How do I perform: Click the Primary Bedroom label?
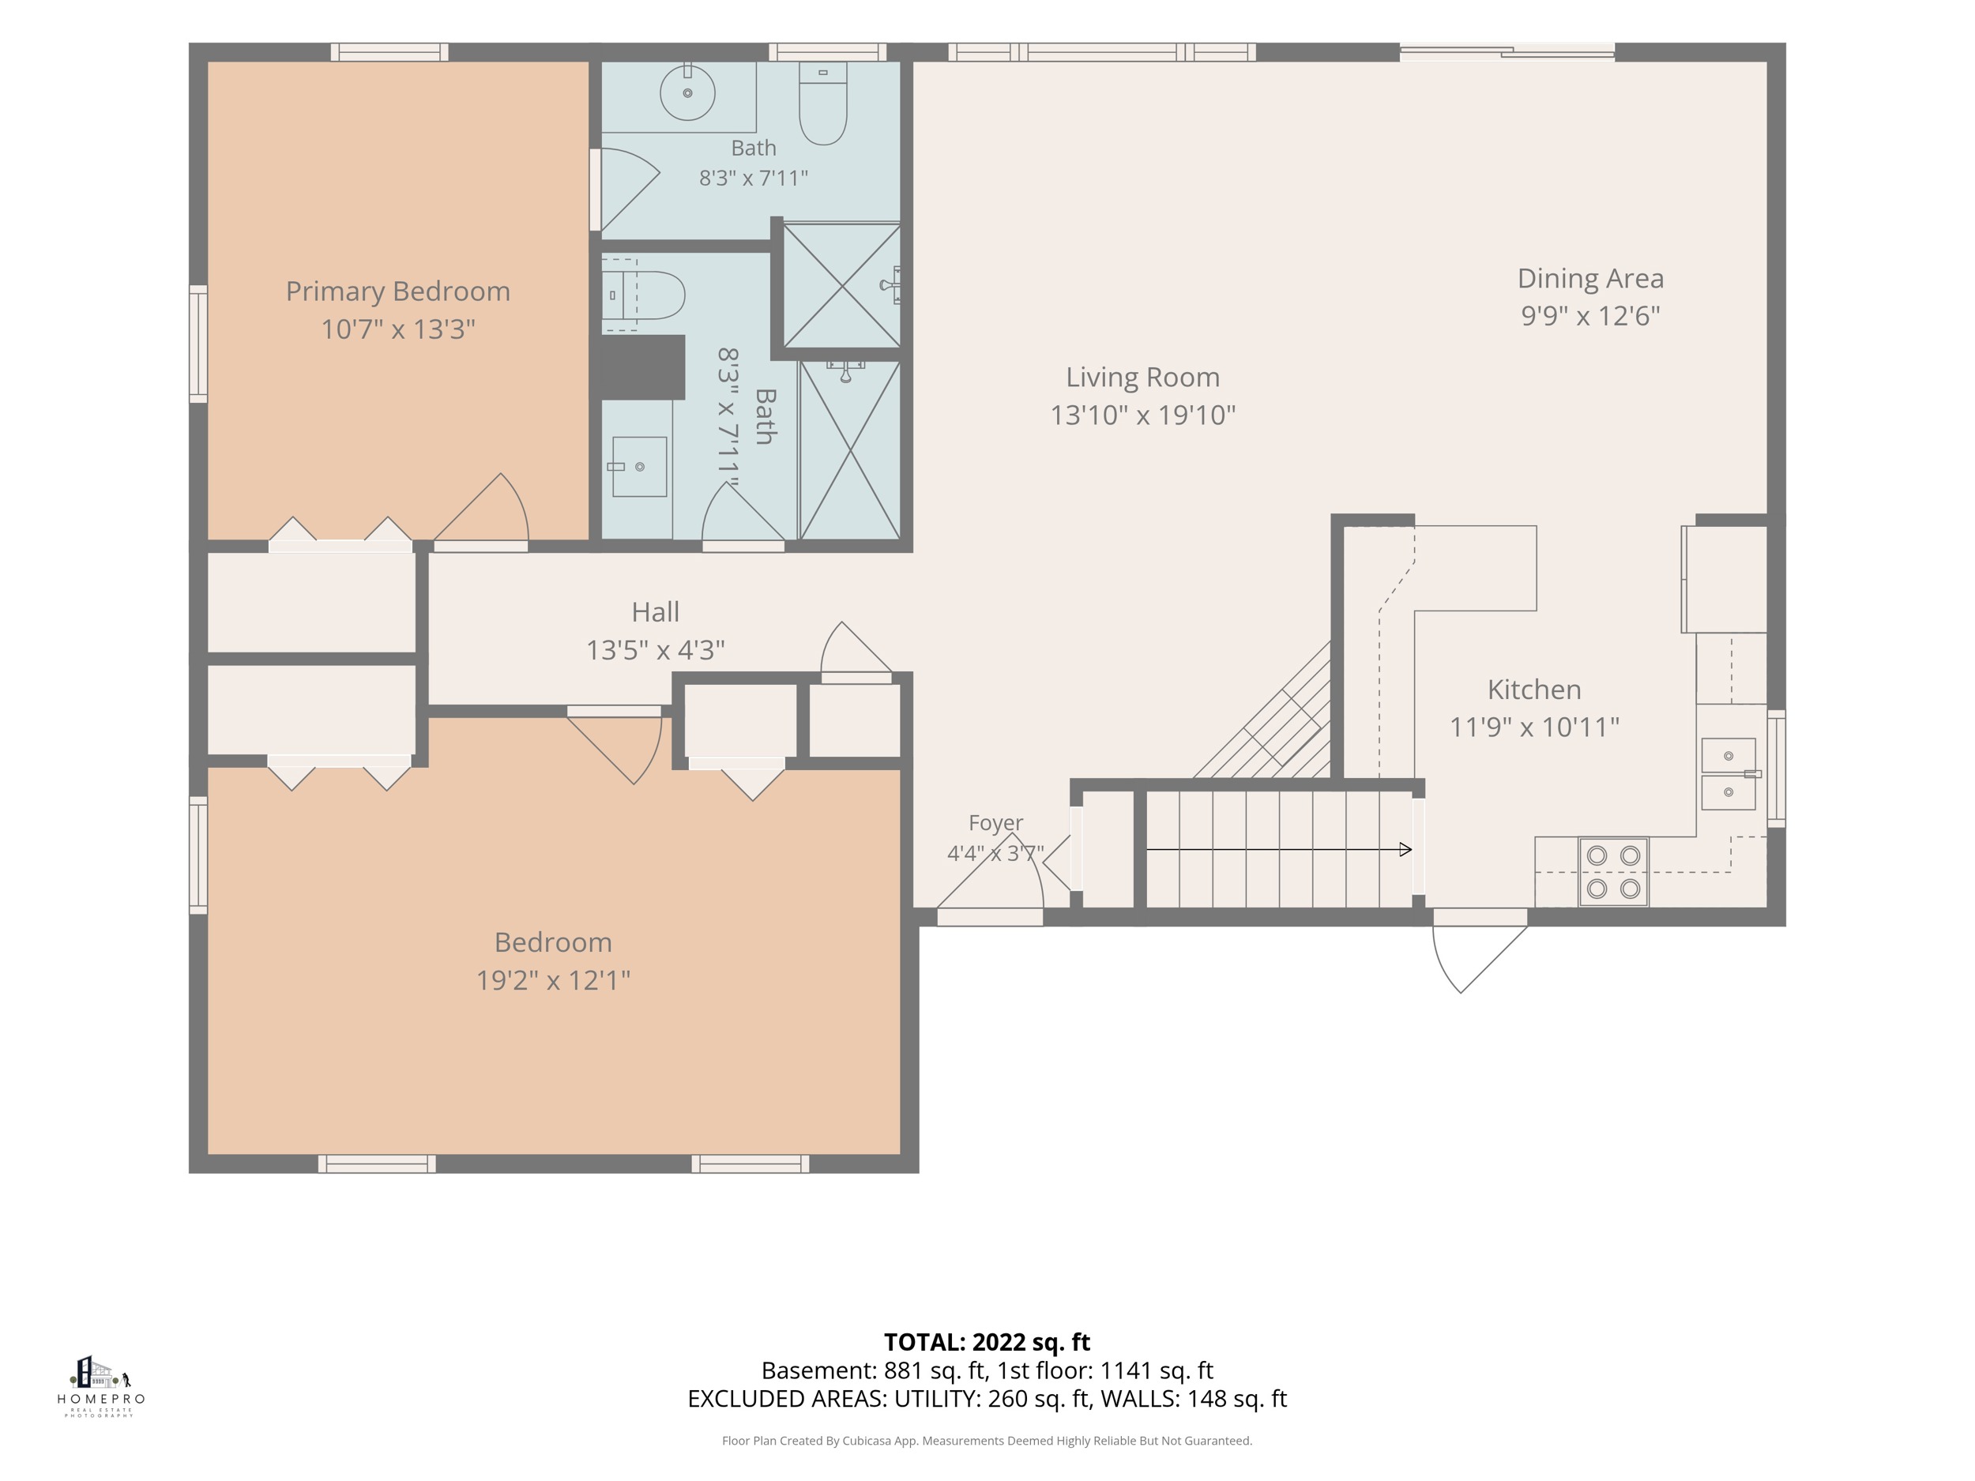(x=397, y=292)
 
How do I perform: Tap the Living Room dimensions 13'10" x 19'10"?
(x=1143, y=415)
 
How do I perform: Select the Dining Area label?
(x=1590, y=279)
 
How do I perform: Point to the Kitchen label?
(x=1534, y=690)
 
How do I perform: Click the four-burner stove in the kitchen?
(x=1613, y=872)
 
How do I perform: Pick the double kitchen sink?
(x=1729, y=774)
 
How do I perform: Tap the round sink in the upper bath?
(x=687, y=92)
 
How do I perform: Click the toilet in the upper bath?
(x=822, y=103)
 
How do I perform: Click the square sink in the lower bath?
(x=639, y=466)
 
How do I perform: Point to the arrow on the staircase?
(x=1278, y=849)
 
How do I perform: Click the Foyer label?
(x=995, y=822)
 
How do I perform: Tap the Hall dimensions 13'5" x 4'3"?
(x=656, y=650)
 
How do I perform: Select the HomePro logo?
(x=100, y=1385)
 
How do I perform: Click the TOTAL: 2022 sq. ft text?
(x=987, y=1342)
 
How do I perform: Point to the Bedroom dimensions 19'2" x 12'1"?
(x=553, y=980)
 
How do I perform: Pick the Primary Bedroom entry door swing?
(x=481, y=509)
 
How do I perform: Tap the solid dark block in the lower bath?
(x=643, y=367)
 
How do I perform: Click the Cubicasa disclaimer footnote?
(x=987, y=1440)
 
